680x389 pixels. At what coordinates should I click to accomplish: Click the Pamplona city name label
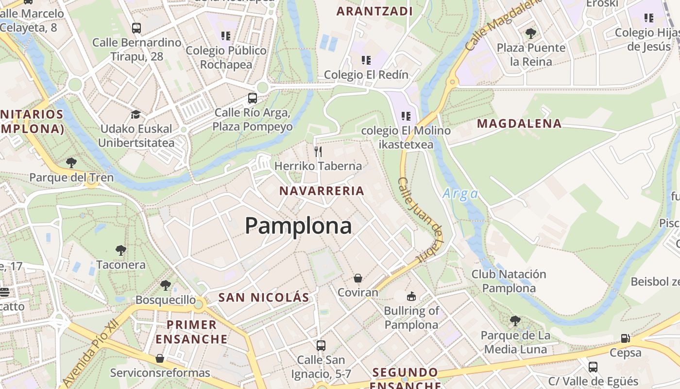[298, 226]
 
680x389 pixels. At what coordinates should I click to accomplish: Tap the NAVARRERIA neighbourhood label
[322, 191]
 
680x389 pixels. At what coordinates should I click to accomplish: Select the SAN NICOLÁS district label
[264, 298]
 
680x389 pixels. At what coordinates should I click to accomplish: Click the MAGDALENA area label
[519, 124]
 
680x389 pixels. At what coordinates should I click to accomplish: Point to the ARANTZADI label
[374, 11]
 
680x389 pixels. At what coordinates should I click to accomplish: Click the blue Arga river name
[460, 194]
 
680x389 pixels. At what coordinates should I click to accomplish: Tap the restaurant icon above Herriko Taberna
[318, 151]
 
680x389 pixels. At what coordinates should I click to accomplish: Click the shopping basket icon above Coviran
[358, 278]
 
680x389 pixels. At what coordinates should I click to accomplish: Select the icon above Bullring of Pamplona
[411, 296]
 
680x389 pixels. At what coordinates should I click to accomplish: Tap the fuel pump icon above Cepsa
[626, 338]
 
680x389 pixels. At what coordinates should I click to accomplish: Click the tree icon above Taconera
[121, 250]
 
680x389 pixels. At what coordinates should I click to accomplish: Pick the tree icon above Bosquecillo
[166, 285]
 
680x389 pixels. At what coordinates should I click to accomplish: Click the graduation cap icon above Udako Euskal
[136, 115]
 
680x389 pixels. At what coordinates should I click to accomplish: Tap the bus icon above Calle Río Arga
[253, 98]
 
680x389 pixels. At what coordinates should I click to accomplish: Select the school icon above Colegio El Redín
[366, 60]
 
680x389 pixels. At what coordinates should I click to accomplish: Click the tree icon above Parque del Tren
[71, 162]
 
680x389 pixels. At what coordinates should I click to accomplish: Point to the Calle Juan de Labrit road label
[421, 219]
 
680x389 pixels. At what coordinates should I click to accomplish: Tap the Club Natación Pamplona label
[509, 281]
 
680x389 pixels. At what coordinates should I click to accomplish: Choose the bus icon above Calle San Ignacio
[321, 346]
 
